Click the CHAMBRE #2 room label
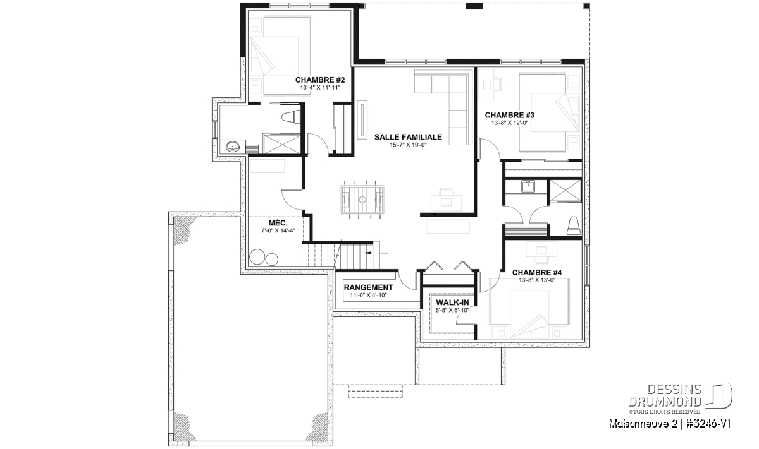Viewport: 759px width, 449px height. [x=320, y=80]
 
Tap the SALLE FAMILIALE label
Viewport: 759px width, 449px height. [x=408, y=137]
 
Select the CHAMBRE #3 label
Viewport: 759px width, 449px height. [x=510, y=115]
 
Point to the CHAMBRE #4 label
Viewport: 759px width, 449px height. [x=537, y=272]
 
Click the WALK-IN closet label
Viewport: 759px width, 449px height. [x=452, y=302]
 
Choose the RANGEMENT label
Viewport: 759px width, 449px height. [x=368, y=287]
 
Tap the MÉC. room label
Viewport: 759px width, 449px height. [x=278, y=223]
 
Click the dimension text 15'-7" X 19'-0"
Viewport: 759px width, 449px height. [x=408, y=145]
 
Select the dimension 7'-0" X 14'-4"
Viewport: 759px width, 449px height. [x=278, y=230]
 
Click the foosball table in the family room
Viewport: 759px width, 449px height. [x=362, y=200]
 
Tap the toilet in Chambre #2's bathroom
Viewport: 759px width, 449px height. [x=291, y=117]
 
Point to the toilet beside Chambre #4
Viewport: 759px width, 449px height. [x=574, y=226]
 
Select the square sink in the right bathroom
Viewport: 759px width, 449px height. [x=528, y=186]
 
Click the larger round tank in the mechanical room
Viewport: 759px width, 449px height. [x=257, y=257]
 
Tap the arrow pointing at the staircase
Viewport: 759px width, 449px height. [x=376, y=253]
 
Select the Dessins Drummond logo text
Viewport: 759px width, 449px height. [x=665, y=395]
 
